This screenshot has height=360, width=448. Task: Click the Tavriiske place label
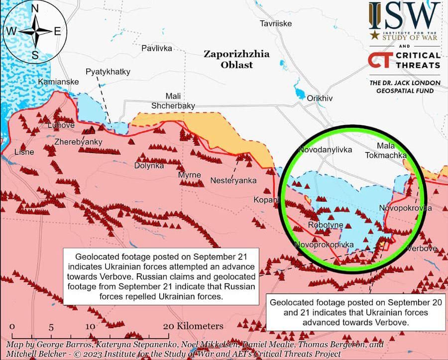pos(276,23)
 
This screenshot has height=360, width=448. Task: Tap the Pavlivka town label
pos(156,48)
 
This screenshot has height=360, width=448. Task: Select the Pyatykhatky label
pos(108,72)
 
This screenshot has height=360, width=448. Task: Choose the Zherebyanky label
pos(78,142)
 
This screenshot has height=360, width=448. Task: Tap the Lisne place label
pos(24,152)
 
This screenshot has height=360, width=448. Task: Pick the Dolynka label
pos(149,165)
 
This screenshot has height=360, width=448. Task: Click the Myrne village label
pos(190,175)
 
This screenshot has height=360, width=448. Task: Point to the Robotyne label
pos(326,225)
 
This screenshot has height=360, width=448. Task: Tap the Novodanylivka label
pos(325,149)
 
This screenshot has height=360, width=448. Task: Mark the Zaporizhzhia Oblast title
pos(236,59)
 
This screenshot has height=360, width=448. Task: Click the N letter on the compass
pos(35,8)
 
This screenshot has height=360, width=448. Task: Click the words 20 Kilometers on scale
pos(193,326)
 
